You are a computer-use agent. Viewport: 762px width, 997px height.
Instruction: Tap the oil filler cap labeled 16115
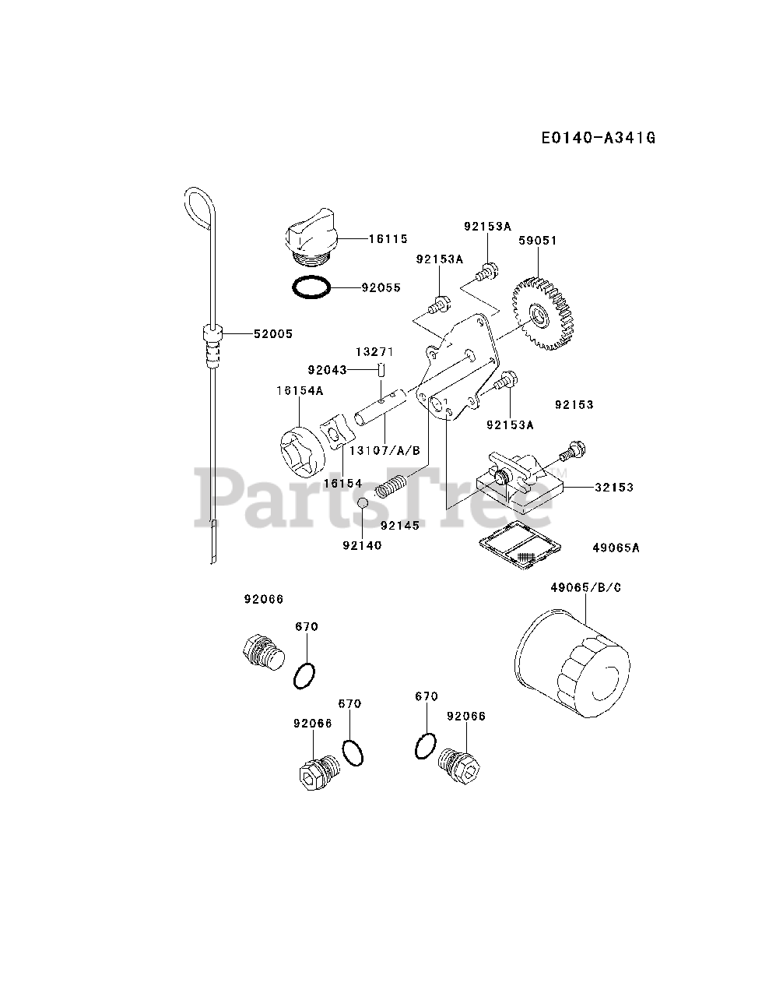click(x=311, y=238)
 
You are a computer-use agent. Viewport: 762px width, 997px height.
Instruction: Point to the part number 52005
click(x=272, y=333)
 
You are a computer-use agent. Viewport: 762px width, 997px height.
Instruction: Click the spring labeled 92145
click(x=392, y=488)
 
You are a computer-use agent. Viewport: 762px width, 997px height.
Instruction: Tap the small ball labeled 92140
click(x=363, y=504)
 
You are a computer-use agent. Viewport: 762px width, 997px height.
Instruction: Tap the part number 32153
click(x=614, y=488)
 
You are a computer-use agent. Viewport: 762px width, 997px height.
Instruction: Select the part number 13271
click(x=375, y=352)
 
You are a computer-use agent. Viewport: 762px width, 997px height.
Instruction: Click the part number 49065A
click(x=616, y=548)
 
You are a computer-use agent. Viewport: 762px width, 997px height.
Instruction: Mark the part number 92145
click(x=400, y=526)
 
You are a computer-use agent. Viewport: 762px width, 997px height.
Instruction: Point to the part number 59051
click(x=538, y=241)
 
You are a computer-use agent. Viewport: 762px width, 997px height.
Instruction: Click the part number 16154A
click(x=299, y=391)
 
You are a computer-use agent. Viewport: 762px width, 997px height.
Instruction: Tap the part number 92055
click(x=381, y=287)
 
